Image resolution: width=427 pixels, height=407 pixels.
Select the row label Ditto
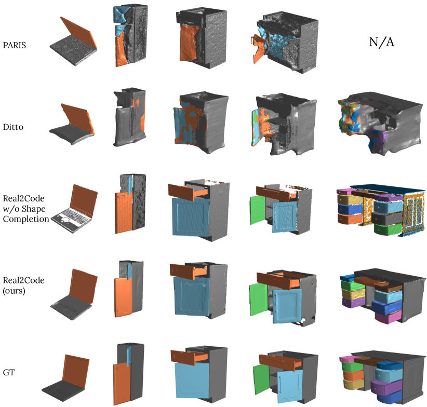point(15,125)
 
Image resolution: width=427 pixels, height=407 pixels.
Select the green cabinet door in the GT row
point(259,376)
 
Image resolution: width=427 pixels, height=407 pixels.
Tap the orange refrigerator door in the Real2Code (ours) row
point(123,296)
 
